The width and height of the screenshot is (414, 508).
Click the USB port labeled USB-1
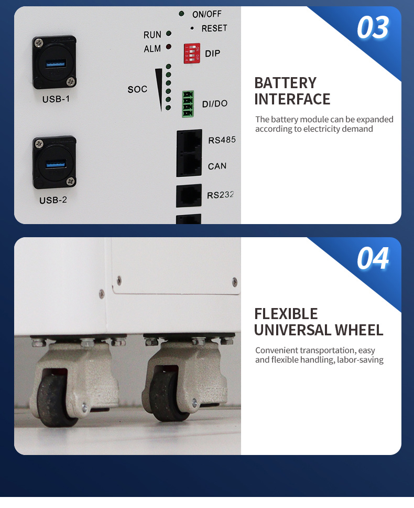point(55,62)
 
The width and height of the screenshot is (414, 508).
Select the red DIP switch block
point(192,54)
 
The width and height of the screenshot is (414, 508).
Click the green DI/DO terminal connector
point(188,104)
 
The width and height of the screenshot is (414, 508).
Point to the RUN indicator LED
point(169,34)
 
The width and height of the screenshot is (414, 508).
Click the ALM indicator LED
point(169,47)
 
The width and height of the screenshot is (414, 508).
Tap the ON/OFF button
point(181,14)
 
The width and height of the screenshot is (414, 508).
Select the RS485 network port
point(189,141)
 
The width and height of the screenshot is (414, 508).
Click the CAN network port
point(189,164)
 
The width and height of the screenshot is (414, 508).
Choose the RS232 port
point(189,195)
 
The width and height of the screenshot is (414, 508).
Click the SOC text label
point(137,90)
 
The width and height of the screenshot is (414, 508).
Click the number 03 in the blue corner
point(373,28)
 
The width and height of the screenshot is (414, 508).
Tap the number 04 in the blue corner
point(373,259)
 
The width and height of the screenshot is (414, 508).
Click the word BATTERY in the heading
point(285,83)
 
